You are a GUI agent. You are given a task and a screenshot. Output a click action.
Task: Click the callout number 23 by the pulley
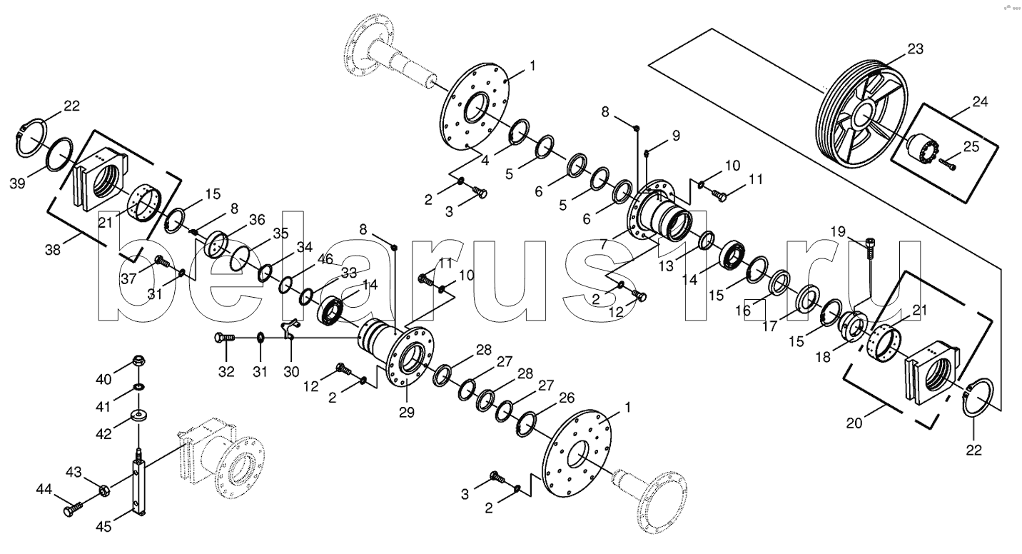pos(915,49)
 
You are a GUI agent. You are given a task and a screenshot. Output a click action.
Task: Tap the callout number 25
pos(971,146)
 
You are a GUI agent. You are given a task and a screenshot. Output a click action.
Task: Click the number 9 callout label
pos(676,135)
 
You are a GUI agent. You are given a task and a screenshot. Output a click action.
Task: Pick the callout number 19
pos(838,232)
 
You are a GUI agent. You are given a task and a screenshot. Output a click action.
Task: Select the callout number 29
pos(407,412)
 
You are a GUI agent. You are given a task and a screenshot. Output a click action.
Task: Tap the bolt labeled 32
pos(225,338)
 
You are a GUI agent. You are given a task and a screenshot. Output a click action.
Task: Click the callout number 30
pos(291,372)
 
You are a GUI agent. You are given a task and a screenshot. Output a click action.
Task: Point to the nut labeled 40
pos(138,361)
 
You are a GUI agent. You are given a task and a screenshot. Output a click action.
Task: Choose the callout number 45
pos(103,527)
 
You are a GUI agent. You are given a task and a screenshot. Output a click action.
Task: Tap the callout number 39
pos(17,183)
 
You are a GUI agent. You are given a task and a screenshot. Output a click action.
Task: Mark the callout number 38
pos(53,250)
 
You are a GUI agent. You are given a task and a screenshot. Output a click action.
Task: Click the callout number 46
pos(325,258)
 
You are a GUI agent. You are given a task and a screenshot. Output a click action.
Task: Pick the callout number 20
pos(854,423)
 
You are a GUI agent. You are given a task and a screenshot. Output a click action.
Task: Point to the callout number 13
pos(666,266)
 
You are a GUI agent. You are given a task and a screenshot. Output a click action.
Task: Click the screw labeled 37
pos(162,261)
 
